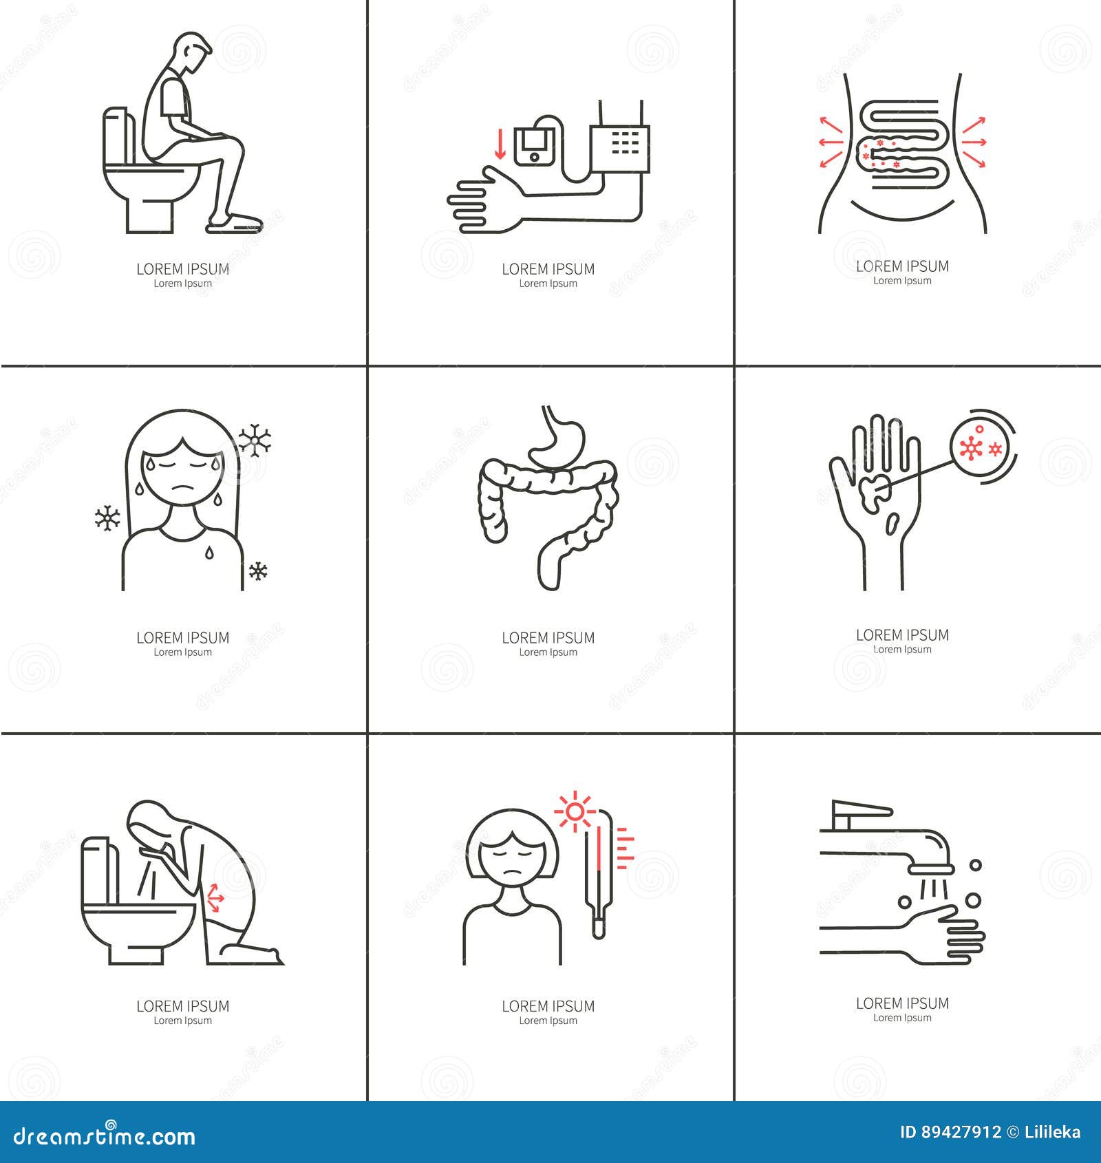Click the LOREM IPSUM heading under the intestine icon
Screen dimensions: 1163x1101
click(x=548, y=638)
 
